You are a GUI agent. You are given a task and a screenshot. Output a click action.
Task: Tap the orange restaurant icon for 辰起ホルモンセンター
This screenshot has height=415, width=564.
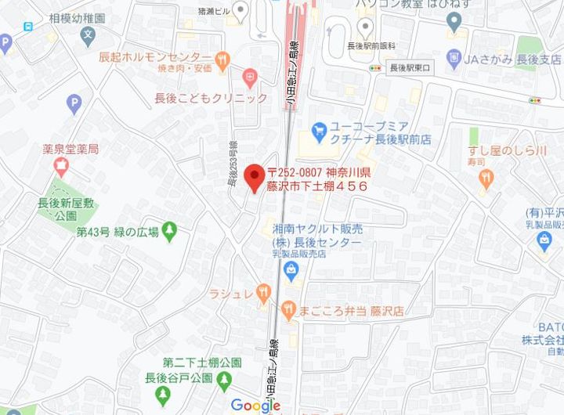coord(222,59)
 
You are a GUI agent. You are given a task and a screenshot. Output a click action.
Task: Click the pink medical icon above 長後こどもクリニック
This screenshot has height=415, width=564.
coord(250,77)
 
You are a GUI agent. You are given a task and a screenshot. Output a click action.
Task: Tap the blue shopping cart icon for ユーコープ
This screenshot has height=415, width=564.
coord(319,128)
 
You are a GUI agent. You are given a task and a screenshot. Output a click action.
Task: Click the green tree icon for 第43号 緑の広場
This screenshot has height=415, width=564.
coord(171,231)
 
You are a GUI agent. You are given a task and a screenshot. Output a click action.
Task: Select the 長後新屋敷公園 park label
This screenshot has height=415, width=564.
coord(67,210)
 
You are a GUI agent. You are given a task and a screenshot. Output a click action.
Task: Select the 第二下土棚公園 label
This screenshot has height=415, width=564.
coord(201,363)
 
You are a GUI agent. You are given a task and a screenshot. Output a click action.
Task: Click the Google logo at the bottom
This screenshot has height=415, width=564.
coord(255,405)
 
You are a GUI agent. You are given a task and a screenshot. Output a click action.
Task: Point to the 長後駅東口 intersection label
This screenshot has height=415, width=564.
coord(411,68)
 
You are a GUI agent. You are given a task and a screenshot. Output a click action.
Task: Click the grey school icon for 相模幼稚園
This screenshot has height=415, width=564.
coord(89,35)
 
